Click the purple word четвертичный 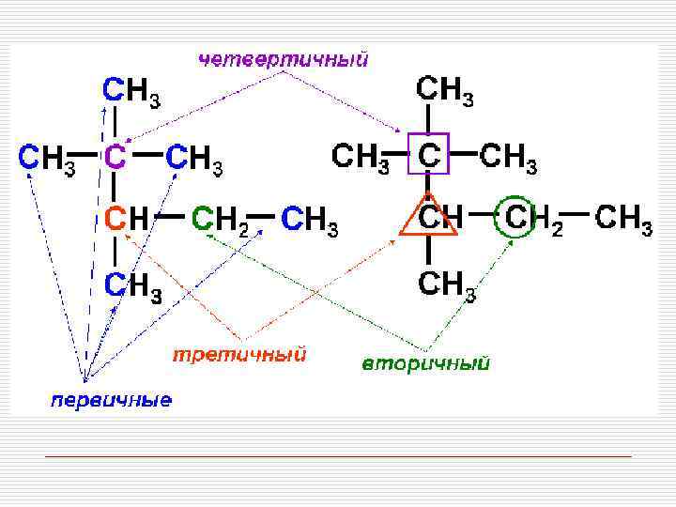coord(283,59)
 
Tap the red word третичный coord(239,356)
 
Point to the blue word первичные coord(111,401)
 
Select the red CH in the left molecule coord(125,219)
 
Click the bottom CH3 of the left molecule coord(132,285)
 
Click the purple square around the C coord(430,154)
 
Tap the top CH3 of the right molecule coord(445,92)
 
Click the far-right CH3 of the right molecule coord(624,221)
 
